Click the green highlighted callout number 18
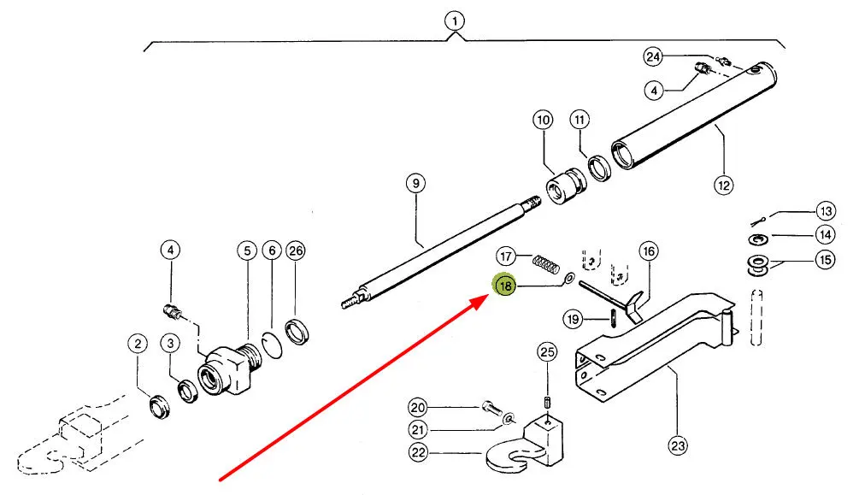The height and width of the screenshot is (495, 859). (x=505, y=286)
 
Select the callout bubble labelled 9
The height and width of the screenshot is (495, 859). (x=415, y=183)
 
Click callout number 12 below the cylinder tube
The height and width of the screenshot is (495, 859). (x=724, y=182)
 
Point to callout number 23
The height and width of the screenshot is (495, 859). (x=678, y=445)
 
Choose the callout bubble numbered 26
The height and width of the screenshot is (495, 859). (x=295, y=250)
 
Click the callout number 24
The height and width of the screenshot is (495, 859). (x=653, y=57)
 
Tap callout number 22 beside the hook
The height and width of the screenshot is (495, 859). (x=417, y=453)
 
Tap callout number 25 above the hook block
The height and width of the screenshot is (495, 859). (x=546, y=351)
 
